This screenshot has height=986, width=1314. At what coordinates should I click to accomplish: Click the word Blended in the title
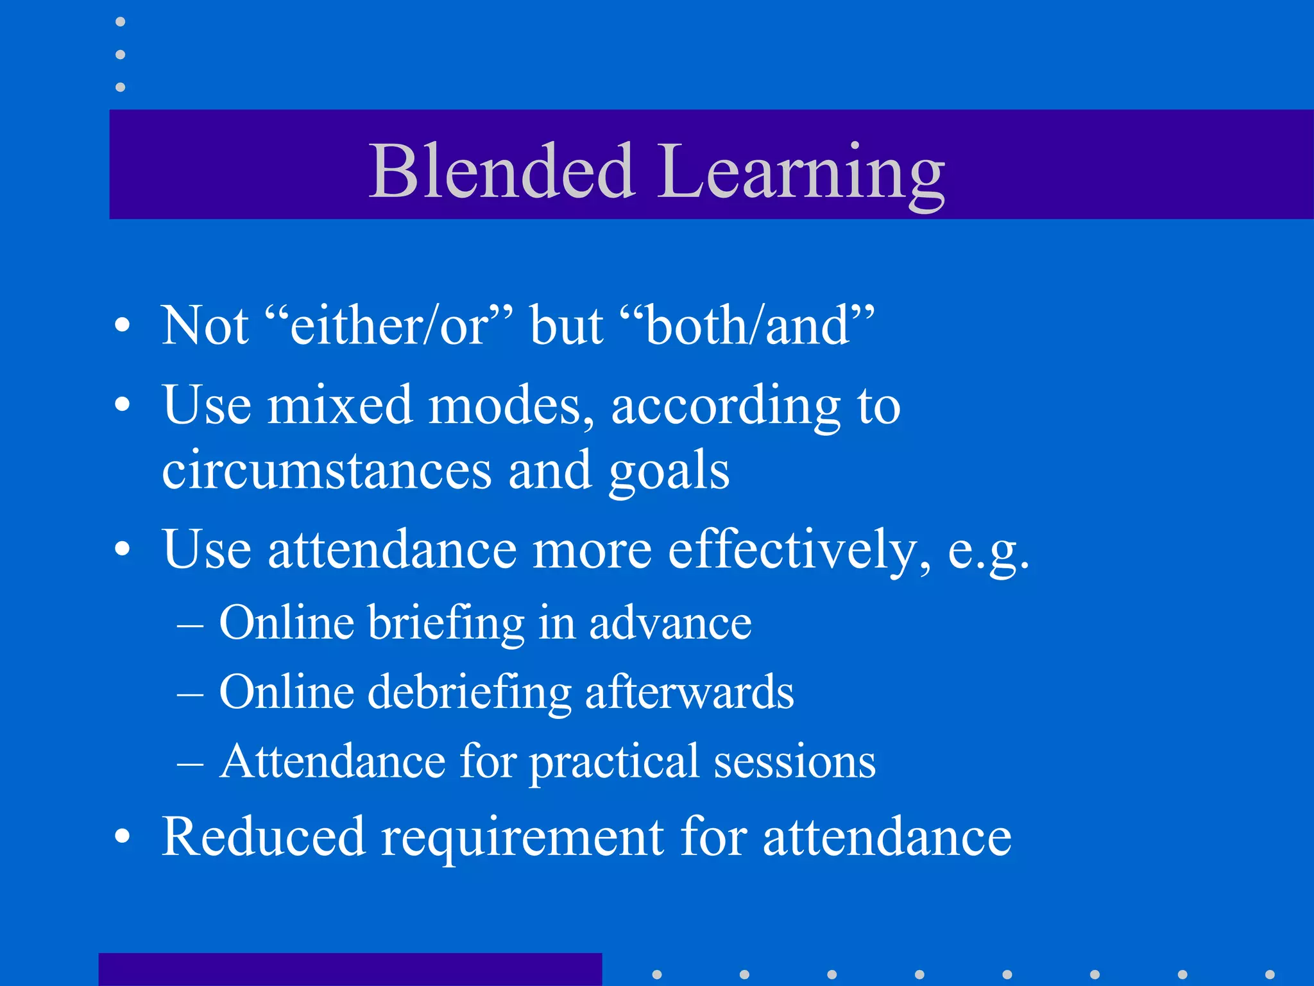(x=502, y=171)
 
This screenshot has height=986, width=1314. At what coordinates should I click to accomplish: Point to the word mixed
(x=339, y=406)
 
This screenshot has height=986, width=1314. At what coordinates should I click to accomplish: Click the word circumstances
(x=326, y=471)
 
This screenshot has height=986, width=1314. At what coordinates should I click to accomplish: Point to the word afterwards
(x=689, y=692)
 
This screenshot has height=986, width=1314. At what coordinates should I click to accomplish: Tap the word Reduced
(x=263, y=836)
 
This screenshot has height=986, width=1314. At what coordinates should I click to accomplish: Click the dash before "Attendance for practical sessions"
(x=190, y=764)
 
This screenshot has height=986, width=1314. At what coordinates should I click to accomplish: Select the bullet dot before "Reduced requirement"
(x=122, y=837)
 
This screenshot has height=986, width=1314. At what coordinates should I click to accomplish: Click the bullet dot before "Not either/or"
(x=122, y=326)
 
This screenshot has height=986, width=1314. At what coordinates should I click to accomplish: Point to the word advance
(x=670, y=623)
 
